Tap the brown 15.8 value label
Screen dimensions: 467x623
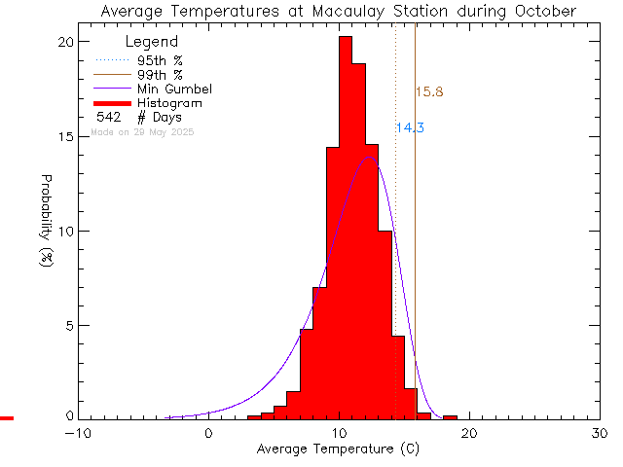tap(429, 92)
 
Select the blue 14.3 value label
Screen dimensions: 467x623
tap(410, 127)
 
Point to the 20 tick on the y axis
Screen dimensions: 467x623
tap(64, 42)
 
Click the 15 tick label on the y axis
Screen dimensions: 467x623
tap(64, 136)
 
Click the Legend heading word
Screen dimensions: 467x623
tap(152, 42)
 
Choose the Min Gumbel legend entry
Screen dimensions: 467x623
tap(174, 89)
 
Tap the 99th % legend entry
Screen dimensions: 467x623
tap(160, 75)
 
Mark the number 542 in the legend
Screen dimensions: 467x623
tap(108, 117)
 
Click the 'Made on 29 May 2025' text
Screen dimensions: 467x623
tap(142, 131)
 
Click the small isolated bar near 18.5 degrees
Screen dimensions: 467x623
tap(450, 417)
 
